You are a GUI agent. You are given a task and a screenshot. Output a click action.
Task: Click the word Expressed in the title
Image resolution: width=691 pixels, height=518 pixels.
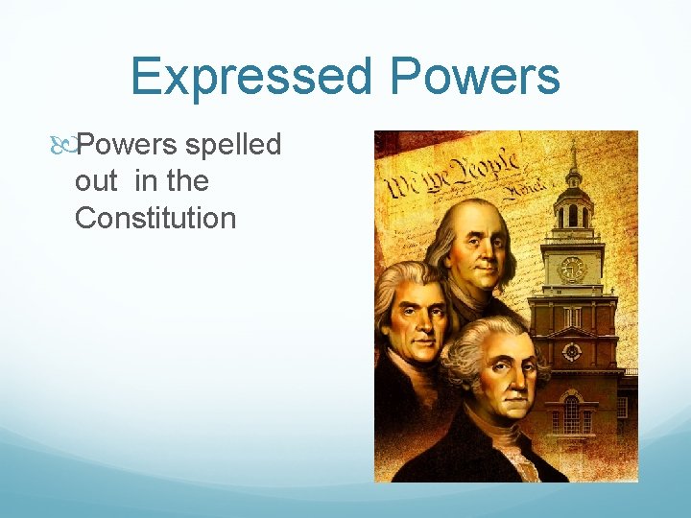(256, 77)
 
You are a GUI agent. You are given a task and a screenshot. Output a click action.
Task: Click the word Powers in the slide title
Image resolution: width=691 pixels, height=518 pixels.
(476, 77)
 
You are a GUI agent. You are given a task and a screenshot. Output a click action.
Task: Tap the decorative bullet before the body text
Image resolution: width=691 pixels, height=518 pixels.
(64, 146)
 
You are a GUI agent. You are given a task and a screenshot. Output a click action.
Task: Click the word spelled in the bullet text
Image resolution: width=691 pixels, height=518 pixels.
(233, 146)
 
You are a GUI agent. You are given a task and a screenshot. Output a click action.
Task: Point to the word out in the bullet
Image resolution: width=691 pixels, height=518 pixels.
(95, 181)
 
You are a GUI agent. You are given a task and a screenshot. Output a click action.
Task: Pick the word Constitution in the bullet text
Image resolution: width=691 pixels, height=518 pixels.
(155, 218)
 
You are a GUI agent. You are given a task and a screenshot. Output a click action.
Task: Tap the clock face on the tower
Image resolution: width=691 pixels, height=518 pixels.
(572, 269)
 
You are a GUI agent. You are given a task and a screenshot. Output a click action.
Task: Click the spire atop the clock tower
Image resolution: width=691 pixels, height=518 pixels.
(573, 158)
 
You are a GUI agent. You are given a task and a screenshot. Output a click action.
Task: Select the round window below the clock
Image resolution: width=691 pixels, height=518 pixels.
(572, 351)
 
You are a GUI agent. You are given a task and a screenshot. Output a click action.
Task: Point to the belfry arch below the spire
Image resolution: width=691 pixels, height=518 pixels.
(573, 215)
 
